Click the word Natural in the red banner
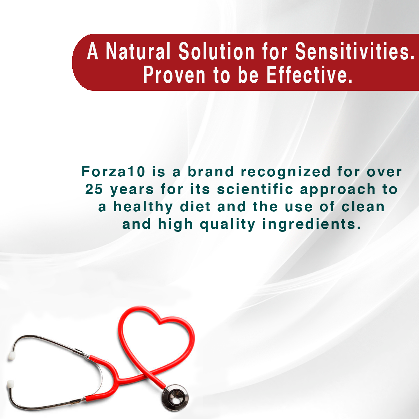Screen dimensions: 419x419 click(x=138, y=52)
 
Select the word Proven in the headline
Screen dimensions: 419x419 click(x=174, y=75)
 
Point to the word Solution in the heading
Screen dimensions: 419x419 click(x=216, y=52)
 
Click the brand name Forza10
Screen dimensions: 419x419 click(x=113, y=171)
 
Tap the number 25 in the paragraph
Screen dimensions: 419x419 click(x=94, y=189)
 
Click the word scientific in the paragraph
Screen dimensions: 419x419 click(x=255, y=189)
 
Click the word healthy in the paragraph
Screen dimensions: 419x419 click(x=143, y=207)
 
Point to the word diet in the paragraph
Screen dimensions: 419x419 click(x=195, y=206)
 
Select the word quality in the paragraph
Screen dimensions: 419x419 click(x=227, y=225)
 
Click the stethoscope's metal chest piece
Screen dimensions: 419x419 click(x=175, y=398)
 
